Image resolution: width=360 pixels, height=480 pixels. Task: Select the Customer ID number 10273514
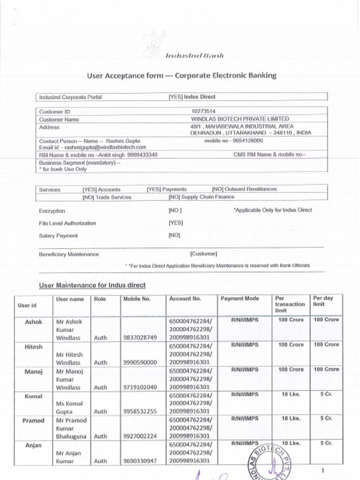point(203,112)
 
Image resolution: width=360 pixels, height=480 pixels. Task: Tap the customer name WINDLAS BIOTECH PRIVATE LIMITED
point(240,119)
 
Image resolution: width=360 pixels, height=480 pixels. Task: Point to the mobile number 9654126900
point(247,140)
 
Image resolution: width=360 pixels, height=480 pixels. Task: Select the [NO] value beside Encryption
point(174,211)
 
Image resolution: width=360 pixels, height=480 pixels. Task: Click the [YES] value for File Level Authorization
point(176,223)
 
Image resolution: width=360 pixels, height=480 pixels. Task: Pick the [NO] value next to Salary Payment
point(174,235)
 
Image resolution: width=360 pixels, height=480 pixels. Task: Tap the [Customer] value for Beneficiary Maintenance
point(203,254)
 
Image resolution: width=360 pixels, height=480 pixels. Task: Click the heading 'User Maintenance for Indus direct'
point(92,285)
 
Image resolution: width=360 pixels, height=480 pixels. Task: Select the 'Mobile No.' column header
point(137,299)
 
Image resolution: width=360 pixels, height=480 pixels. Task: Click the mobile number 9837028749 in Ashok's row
point(140,337)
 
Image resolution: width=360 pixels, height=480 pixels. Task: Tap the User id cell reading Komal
point(33,396)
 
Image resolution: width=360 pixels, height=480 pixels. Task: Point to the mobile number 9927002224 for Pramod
point(140,436)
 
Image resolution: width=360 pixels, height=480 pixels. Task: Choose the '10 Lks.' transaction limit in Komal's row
point(291,394)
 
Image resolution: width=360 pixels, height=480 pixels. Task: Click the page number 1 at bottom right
point(323,470)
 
